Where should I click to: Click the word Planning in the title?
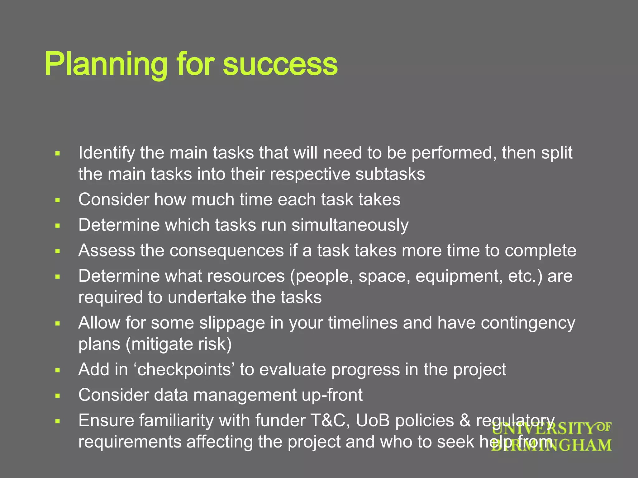point(106,64)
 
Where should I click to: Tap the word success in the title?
point(280,64)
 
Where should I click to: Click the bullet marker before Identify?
point(57,153)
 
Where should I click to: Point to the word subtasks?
point(390,174)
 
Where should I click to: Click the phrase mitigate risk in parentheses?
point(179,344)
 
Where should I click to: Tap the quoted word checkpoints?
point(184,369)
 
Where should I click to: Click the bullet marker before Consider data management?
point(57,396)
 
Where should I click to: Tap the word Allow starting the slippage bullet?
point(99,323)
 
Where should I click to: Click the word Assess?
point(106,251)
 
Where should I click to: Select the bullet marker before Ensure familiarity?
point(57,421)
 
